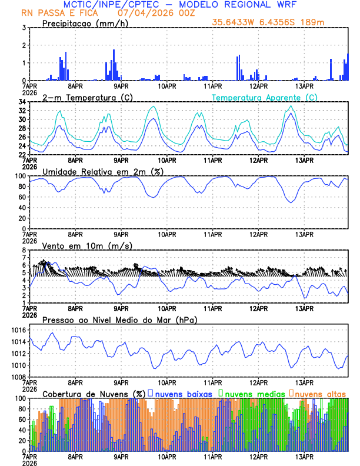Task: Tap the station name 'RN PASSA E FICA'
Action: coord(58,12)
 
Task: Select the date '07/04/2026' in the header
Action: coord(145,12)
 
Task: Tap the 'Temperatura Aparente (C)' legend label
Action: coord(265,97)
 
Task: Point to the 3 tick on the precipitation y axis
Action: coord(24,28)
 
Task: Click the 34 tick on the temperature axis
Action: coord(21,102)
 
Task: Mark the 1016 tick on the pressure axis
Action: coord(17,330)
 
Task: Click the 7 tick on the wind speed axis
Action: coord(24,250)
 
